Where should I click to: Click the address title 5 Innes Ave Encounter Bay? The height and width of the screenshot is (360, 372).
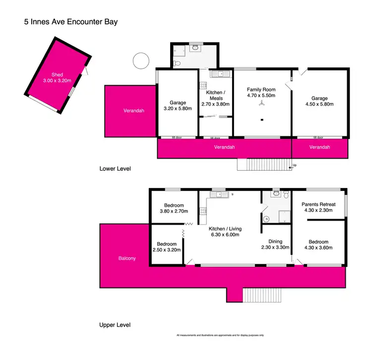[70, 22]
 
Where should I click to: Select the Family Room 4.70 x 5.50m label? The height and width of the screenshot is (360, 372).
[261, 93]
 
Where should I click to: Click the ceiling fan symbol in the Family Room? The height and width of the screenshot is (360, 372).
[261, 104]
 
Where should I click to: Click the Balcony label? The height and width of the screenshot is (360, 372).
[127, 258]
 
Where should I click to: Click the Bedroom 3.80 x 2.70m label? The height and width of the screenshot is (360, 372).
[174, 209]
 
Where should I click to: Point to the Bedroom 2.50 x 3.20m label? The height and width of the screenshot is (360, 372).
[167, 247]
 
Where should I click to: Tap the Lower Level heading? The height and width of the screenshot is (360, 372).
[115, 169]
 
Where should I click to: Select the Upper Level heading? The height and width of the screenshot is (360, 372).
[115, 325]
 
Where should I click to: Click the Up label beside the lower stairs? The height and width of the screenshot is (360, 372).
[295, 165]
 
